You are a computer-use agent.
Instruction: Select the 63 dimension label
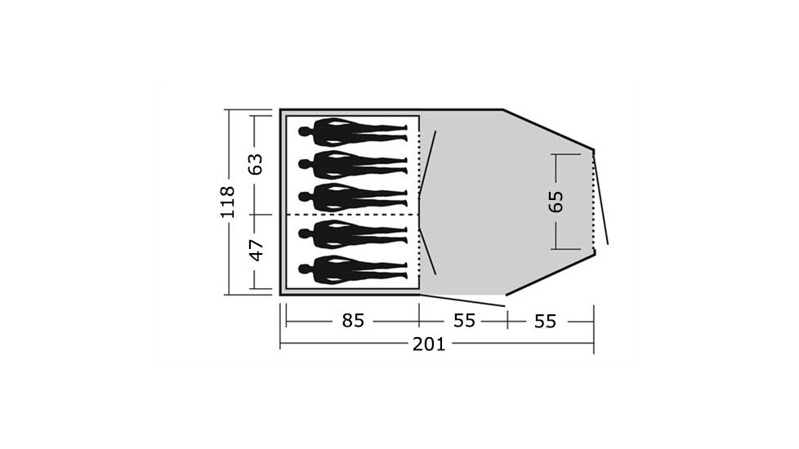(x=257, y=164)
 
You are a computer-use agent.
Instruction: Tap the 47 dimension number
(x=257, y=250)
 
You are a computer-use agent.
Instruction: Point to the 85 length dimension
(x=352, y=321)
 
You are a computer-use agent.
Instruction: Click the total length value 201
(x=429, y=344)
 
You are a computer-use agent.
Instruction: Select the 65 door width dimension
(x=556, y=201)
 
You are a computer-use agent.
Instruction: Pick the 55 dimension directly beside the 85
(x=464, y=321)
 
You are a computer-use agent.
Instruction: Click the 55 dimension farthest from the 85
(x=545, y=322)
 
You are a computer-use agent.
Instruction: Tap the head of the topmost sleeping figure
(x=305, y=130)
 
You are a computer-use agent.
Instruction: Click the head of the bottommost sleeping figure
(x=305, y=268)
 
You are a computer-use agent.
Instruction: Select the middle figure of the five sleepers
(x=351, y=197)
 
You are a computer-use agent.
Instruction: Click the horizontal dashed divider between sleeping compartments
(x=351, y=215)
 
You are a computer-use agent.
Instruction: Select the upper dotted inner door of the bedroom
(x=419, y=163)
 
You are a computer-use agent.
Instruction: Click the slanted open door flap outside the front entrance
(x=601, y=200)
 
